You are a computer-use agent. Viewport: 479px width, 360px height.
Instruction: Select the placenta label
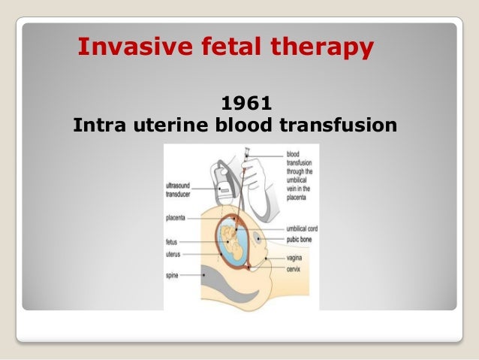[x=178, y=218]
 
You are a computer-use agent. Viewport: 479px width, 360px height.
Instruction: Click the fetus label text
[x=172, y=242]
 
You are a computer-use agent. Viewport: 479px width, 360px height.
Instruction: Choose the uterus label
[x=173, y=254]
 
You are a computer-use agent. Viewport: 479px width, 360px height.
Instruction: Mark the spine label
[x=172, y=276]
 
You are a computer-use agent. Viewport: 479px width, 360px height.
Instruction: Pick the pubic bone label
[x=300, y=238]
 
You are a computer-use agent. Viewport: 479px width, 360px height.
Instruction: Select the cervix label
[x=295, y=268]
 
